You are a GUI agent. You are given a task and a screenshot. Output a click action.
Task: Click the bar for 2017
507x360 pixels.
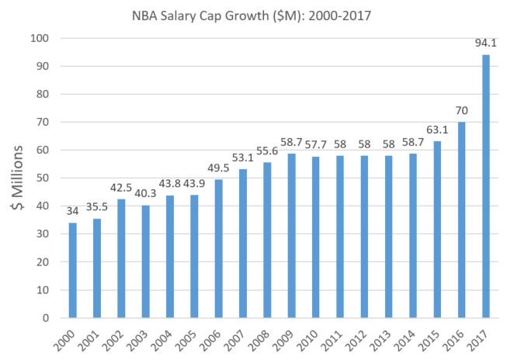(x=486, y=186)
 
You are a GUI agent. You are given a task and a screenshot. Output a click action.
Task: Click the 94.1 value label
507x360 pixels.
(x=486, y=46)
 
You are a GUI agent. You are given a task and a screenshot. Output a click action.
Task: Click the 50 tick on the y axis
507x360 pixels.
(x=43, y=178)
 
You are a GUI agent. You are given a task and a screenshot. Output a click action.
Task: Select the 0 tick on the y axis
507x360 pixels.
(x=46, y=318)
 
